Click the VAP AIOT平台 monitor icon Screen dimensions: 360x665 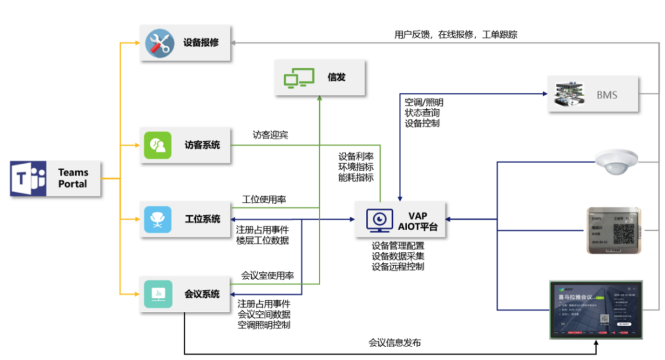click(x=380, y=220)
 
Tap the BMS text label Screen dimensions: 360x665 click(x=607, y=95)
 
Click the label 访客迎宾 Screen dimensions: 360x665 click(x=270, y=134)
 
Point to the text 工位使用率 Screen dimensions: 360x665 click(x=264, y=199)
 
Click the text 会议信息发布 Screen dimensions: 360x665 click(x=395, y=343)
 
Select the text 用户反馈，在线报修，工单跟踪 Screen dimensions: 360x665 click(x=456, y=34)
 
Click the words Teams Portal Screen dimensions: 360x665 click(x=73, y=178)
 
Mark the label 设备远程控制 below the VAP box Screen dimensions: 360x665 click(x=397, y=266)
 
